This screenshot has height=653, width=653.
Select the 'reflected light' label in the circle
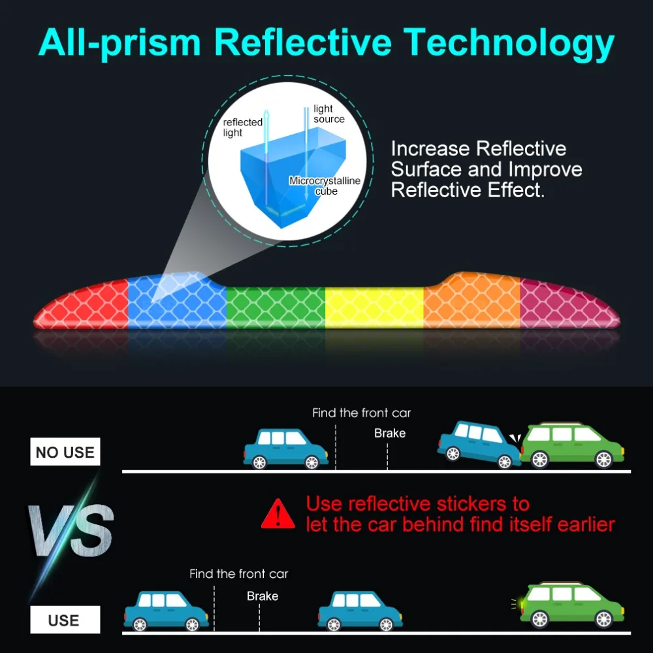tap(242, 127)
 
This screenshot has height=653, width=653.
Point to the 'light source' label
tap(328, 114)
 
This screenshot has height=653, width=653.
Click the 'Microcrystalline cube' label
tap(325, 185)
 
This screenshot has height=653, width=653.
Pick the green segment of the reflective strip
tap(276, 307)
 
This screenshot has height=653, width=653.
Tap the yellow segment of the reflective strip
tap(374, 307)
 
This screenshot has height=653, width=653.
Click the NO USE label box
tap(65, 452)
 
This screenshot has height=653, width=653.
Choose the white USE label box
tap(64, 620)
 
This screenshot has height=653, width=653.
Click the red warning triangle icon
tap(278, 514)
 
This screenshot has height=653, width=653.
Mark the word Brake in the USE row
tap(263, 596)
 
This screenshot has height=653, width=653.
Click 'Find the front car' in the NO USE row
tap(361, 413)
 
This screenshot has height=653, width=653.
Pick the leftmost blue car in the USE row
tap(166, 610)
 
